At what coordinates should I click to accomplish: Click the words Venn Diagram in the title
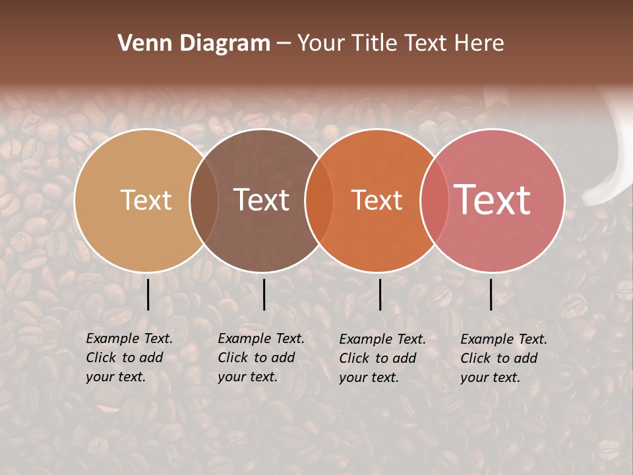(x=194, y=44)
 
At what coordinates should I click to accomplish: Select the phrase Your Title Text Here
(x=400, y=44)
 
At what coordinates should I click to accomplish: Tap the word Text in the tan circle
(x=146, y=200)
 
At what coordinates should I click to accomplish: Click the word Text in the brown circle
(x=262, y=200)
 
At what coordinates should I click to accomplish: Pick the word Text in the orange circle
(x=377, y=200)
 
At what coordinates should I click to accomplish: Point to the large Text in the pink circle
(x=493, y=200)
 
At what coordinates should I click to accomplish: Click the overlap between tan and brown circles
(x=204, y=201)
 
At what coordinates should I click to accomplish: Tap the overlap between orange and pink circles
(x=435, y=201)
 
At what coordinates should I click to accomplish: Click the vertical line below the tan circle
(x=148, y=294)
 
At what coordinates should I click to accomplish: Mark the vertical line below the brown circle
(x=264, y=294)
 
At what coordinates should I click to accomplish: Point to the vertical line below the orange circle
(x=380, y=294)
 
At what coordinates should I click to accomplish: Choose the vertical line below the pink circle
(x=491, y=294)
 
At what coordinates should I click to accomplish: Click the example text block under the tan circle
(x=129, y=358)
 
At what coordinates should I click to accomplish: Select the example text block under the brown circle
(x=261, y=358)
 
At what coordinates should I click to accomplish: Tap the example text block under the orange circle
(x=382, y=358)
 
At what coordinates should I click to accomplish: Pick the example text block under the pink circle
(x=504, y=358)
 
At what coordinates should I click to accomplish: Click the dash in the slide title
(x=284, y=44)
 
